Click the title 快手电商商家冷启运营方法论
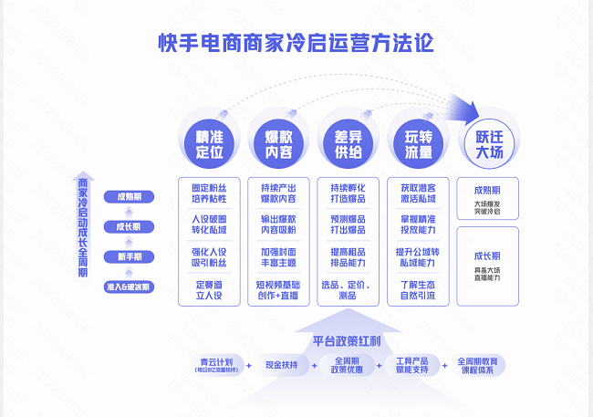coord(296,43)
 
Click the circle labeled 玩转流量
coord(418,144)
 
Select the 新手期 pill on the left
coord(129,256)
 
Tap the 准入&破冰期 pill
coord(129,287)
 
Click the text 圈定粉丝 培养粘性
coord(209,193)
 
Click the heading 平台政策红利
coord(347,340)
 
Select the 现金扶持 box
coord(282,365)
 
